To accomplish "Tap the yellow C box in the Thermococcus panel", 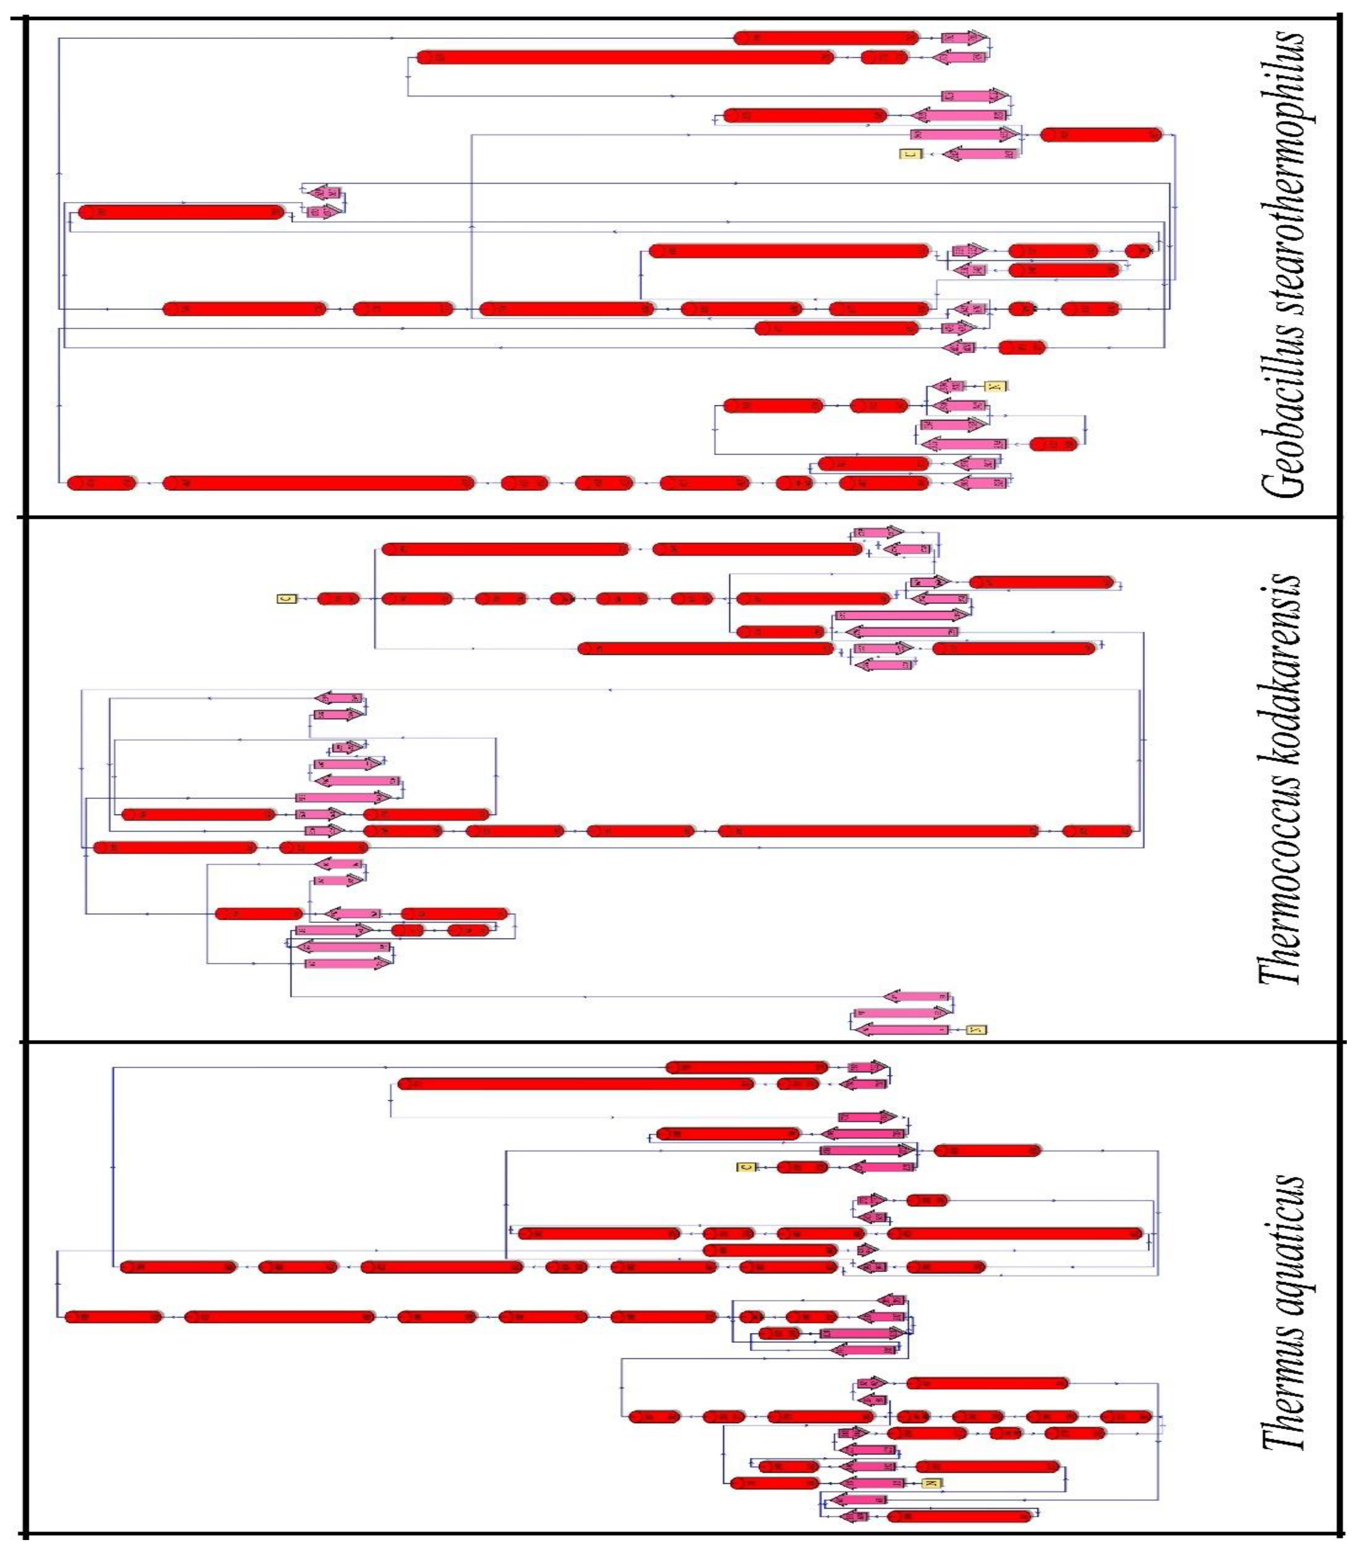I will coord(287,598).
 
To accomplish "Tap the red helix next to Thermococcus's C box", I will coord(338,598).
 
